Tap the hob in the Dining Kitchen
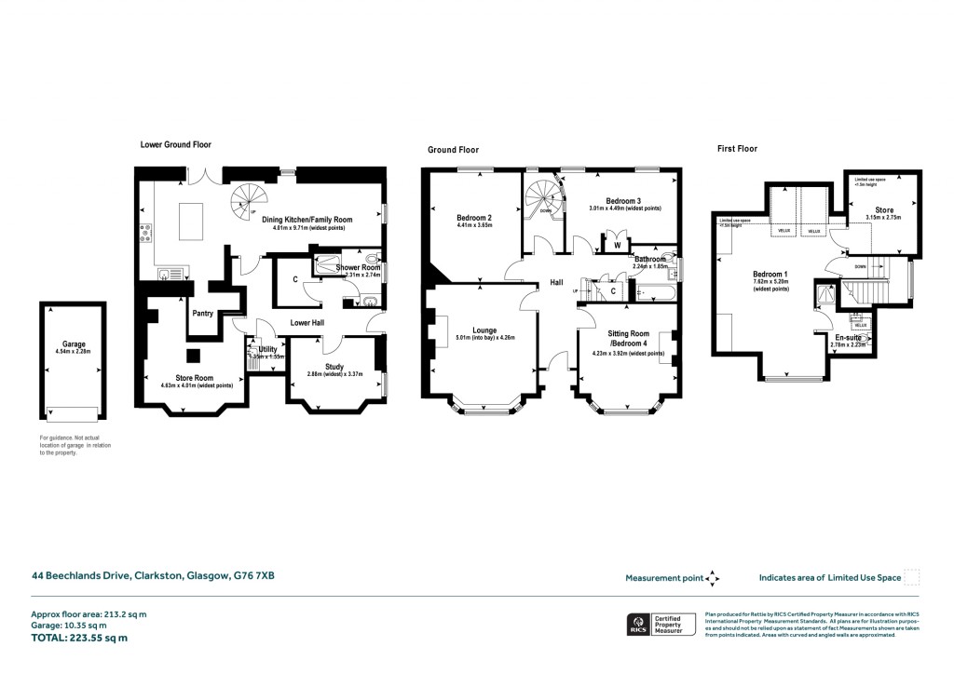[x=145, y=234]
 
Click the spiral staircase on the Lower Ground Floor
[x=249, y=197]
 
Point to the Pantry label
[x=203, y=314]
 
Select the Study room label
[x=334, y=367]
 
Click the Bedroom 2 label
[x=474, y=217]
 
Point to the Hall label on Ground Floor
[x=555, y=282]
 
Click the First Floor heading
[x=736, y=149]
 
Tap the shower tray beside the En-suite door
[x=825, y=295]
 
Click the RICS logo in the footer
[x=639, y=625]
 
